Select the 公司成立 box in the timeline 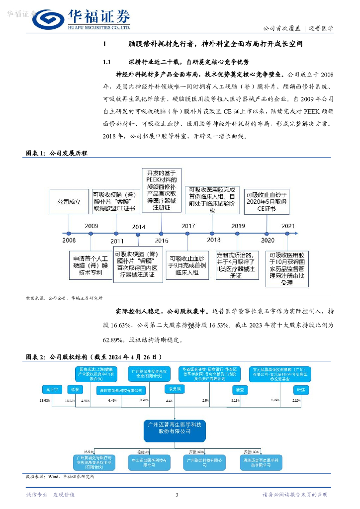coord(69,202)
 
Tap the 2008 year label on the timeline coord(69,240)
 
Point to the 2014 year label coord(139,227)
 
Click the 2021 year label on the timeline coord(288,226)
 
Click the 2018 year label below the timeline coord(214,240)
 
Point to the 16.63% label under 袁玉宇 coord(45,400)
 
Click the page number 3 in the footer coord(177,495)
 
